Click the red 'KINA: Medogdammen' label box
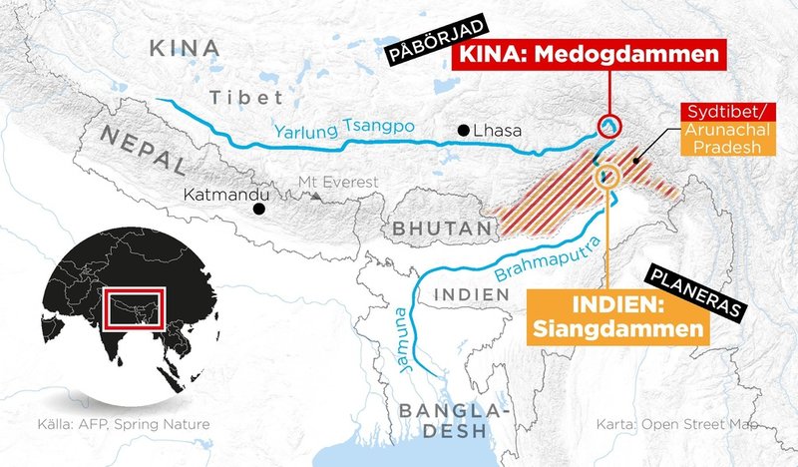pyautogui.click(x=586, y=56)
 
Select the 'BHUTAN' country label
pyautogui.click(x=441, y=230)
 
